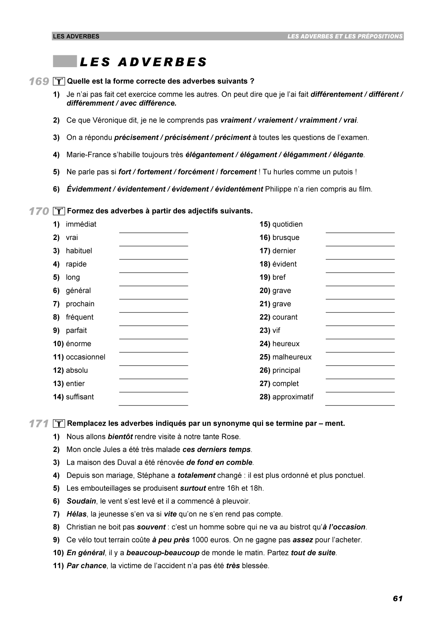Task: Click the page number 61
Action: click(398, 598)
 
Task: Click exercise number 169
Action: click(39, 82)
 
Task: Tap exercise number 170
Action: click(39, 211)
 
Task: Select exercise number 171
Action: click(39, 424)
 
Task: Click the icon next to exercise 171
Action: click(58, 424)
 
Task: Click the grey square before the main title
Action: click(65, 61)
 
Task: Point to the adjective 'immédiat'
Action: click(81, 224)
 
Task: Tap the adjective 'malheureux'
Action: click(292, 357)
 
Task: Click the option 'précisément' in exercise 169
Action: click(187, 137)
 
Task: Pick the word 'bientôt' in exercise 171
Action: click(120, 437)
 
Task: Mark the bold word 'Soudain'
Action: click(81, 501)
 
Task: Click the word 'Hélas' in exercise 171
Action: click(77, 514)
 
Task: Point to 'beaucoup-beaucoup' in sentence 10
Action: click(163, 553)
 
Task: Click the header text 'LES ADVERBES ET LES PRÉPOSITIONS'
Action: click(345, 36)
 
